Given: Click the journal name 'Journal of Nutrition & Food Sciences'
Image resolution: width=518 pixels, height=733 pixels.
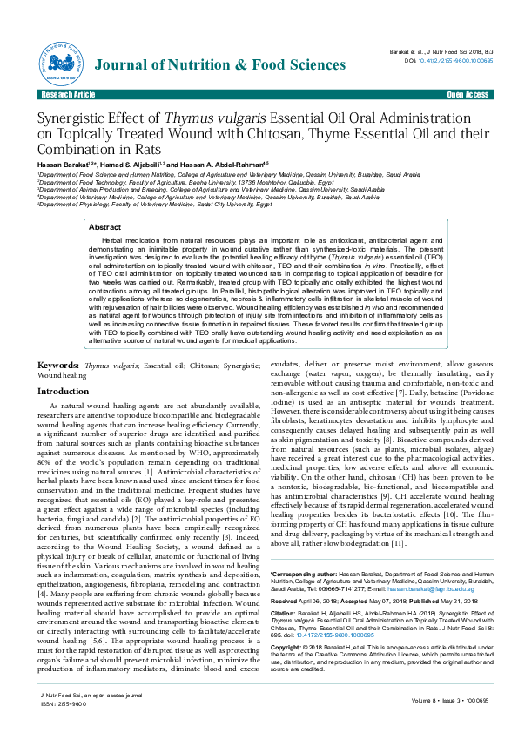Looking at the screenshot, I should pos(208,64).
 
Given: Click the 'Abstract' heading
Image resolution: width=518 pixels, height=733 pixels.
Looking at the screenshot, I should pos(104,226).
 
